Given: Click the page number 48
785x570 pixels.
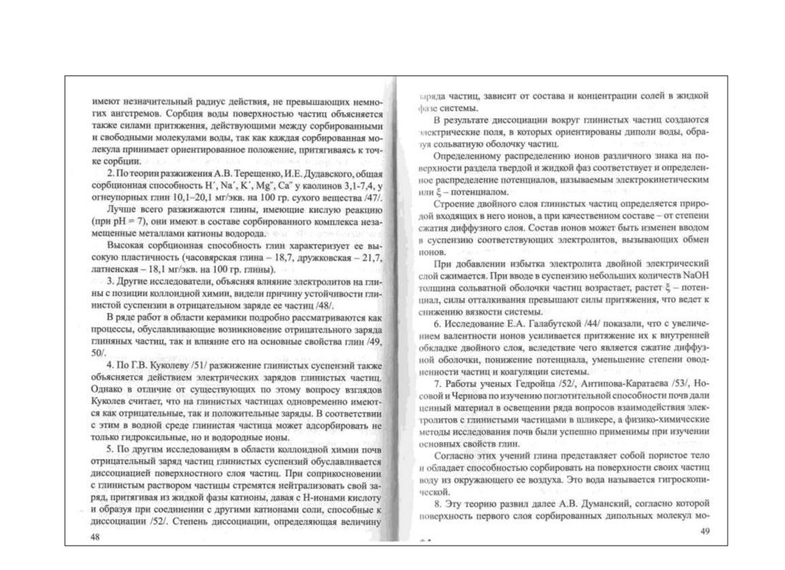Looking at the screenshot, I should click(x=95, y=536).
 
